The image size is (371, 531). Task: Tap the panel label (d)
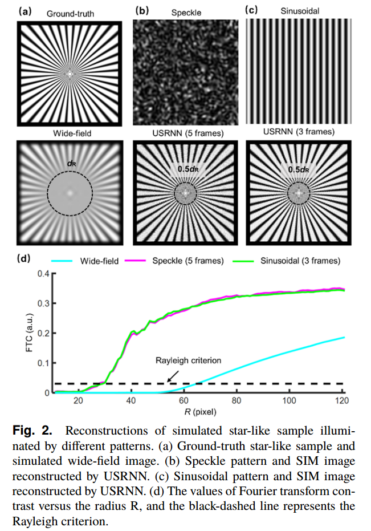coord(25,259)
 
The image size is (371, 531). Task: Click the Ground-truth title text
coord(70,13)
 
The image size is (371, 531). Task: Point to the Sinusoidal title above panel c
coord(299,11)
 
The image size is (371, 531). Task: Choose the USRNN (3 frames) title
coord(298,133)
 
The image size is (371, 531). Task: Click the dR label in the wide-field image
coord(71,163)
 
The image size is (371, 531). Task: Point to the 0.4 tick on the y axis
coord(43,273)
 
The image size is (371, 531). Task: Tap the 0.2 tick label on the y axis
coord(43,333)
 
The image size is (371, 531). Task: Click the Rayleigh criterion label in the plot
coord(187,361)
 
